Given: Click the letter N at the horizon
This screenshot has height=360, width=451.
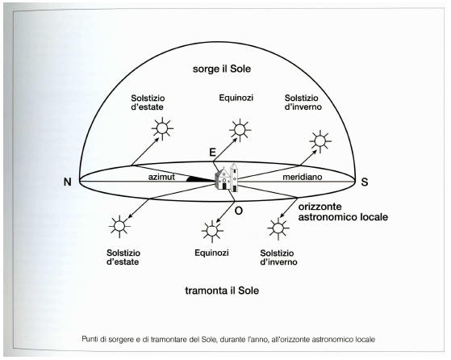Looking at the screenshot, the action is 67,182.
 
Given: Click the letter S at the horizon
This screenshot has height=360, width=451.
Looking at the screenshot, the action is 365,182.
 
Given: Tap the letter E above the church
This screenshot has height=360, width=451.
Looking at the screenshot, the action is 212,153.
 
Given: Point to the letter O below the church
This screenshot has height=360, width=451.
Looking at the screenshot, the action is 239,211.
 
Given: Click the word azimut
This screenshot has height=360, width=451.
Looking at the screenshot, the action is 161,177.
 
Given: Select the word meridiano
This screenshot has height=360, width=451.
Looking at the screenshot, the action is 303,177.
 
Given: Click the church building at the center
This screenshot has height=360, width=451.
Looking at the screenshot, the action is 227,177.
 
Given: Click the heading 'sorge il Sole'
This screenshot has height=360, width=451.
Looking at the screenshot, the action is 222,69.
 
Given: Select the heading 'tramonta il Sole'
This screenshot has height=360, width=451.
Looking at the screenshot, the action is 222,291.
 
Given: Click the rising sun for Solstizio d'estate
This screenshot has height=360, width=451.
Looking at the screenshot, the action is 162,128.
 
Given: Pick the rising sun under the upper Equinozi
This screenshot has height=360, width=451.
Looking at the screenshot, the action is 240,129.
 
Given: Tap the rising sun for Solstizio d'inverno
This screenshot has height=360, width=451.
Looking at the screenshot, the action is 320,141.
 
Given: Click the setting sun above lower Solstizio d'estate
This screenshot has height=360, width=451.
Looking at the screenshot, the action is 119,226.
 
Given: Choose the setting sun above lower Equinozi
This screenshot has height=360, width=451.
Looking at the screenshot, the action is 212,231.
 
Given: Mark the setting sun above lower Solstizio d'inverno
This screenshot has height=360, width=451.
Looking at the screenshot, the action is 278,228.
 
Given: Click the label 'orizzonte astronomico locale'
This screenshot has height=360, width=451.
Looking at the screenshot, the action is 343,211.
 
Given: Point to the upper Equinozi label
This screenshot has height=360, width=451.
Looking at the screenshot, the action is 236,98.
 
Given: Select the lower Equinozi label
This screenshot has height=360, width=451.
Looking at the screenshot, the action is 211,253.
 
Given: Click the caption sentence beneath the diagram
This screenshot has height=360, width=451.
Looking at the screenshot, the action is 228,340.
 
